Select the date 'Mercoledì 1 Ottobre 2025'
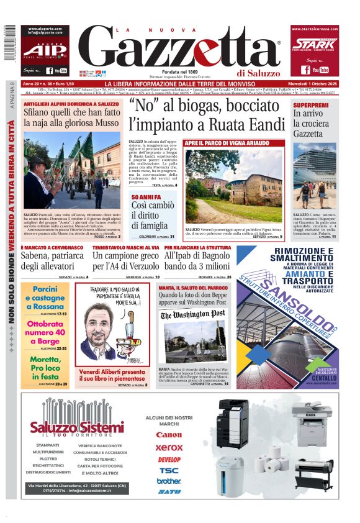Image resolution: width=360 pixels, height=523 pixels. (313, 84)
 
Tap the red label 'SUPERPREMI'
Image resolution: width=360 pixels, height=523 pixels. (311, 106)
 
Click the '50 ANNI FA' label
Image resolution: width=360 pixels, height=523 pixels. (145, 197)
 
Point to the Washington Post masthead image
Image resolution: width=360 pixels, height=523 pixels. (194, 315)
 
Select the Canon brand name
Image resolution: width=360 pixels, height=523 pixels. (169, 435)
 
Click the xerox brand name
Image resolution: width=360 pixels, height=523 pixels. (169, 447)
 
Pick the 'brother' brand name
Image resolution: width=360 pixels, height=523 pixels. (169, 481)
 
